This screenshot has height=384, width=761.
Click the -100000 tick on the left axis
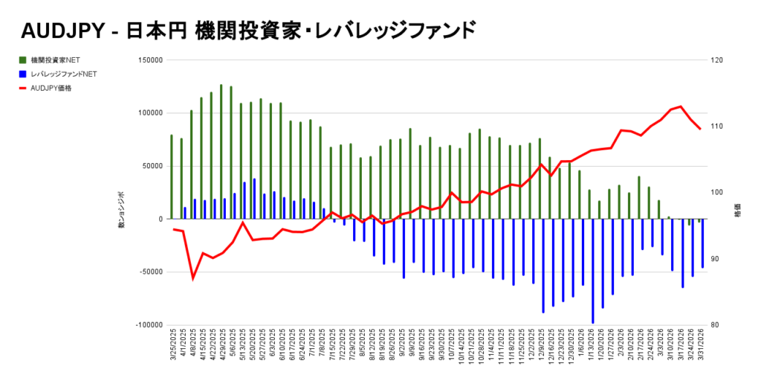147,325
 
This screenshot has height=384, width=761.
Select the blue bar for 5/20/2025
254,199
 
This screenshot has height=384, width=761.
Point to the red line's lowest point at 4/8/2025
193,278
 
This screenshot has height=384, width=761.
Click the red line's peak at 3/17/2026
681,106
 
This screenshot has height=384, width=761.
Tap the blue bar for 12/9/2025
543,266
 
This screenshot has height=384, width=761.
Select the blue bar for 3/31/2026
702,243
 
